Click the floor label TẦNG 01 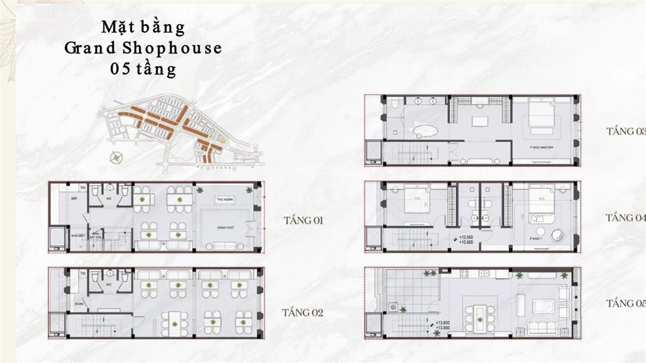tap(303, 221)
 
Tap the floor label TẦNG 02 tap(303, 312)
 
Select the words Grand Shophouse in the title tap(143, 48)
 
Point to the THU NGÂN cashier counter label tap(225, 200)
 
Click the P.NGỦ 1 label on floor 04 tap(538, 239)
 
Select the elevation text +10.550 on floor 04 tap(467, 236)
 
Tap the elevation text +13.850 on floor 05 tap(442, 323)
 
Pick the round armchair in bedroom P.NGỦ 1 tap(558, 236)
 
